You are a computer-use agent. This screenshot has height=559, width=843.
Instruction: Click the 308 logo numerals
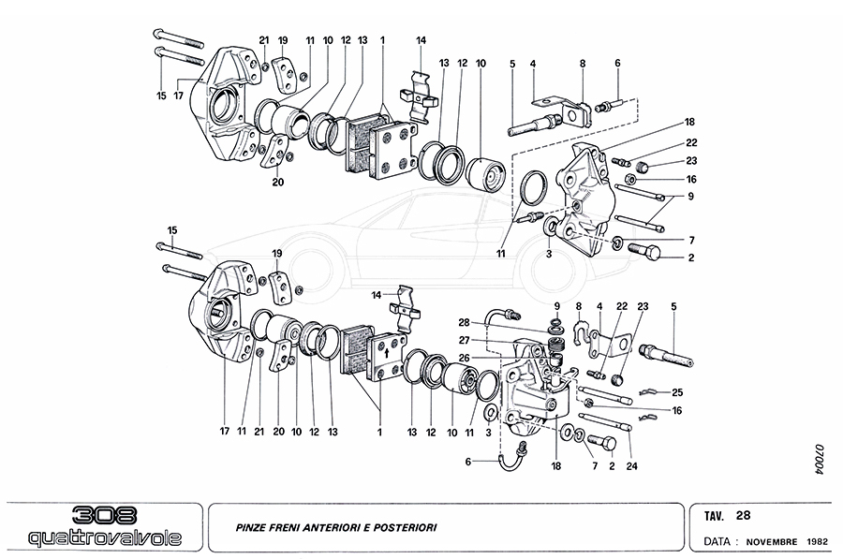tap(104, 515)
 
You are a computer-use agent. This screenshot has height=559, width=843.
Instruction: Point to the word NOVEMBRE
tap(772, 541)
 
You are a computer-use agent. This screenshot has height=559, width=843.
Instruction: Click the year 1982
tap(816, 541)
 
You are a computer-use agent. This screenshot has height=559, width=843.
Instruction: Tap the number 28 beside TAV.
tap(743, 515)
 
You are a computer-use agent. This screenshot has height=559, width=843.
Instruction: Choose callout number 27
tap(465, 340)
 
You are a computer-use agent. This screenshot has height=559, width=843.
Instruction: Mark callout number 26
tap(465, 356)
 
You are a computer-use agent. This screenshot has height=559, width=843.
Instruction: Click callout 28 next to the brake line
tap(465, 323)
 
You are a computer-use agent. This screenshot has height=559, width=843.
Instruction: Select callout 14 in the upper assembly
tap(421, 40)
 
